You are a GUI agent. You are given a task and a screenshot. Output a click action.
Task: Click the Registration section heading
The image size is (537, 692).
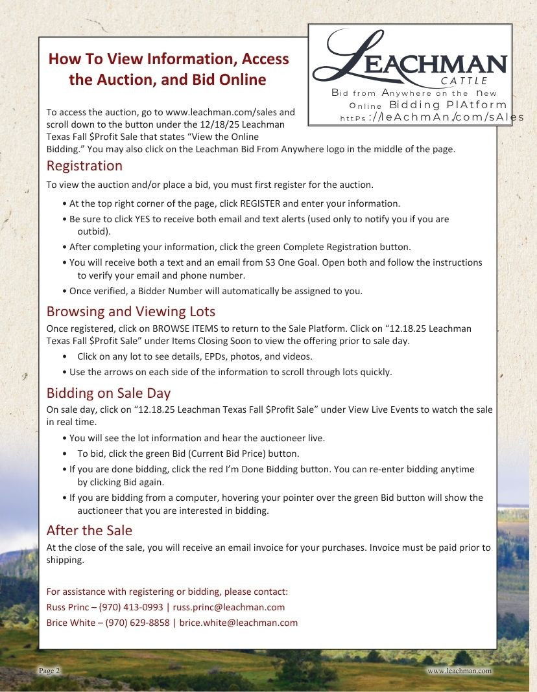84,166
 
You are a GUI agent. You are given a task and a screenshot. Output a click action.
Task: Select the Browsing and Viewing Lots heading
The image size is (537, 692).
130,311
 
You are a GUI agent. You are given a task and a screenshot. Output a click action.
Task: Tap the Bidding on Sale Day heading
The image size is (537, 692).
108,393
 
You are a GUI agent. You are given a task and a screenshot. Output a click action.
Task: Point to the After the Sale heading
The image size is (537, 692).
89,531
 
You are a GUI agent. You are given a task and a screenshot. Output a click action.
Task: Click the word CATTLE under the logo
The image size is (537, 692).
464,81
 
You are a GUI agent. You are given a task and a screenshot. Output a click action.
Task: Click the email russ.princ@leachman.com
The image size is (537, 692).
229,607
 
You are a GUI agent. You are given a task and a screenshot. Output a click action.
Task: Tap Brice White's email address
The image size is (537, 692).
239,623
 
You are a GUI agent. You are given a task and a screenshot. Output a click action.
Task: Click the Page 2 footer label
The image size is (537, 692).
49,671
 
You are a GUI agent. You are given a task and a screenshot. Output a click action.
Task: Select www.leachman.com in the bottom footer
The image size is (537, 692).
459,671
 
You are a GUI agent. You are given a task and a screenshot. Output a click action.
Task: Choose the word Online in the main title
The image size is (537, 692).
238,80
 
